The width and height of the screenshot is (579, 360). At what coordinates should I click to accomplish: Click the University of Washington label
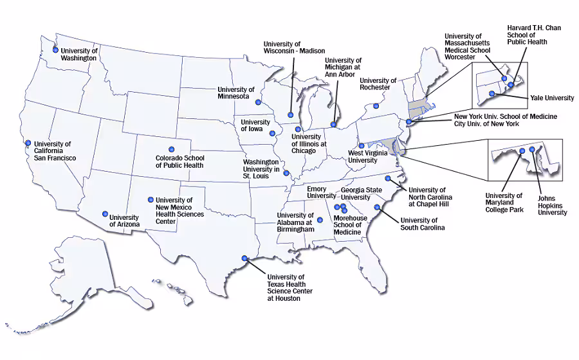click(78, 54)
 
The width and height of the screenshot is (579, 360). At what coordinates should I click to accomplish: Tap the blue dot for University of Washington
click(55, 50)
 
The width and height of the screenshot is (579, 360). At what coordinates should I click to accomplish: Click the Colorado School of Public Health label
click(179, 161)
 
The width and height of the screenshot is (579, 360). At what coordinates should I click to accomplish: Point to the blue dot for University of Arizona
click(105, 214)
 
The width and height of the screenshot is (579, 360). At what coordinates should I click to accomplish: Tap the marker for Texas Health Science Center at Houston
click(244, 258)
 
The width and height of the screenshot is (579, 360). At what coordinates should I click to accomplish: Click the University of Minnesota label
click(235, 93)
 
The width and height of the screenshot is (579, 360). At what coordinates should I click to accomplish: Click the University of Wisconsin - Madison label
click(294, 47)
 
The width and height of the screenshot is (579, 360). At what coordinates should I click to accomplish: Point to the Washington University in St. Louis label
click(261, 169)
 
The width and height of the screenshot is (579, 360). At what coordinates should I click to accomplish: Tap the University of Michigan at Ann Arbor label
click(344, 67)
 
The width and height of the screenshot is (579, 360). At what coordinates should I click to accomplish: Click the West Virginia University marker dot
click(362, 146)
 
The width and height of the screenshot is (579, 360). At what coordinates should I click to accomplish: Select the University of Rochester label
click(378, 84)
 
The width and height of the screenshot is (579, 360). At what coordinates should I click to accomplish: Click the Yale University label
click(552, 98)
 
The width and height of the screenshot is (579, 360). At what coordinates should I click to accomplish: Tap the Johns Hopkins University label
click(552, 205)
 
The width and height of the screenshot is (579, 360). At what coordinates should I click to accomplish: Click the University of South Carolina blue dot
click(377, 207)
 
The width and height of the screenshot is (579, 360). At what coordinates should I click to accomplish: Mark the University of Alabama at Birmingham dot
click(320, 220)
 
